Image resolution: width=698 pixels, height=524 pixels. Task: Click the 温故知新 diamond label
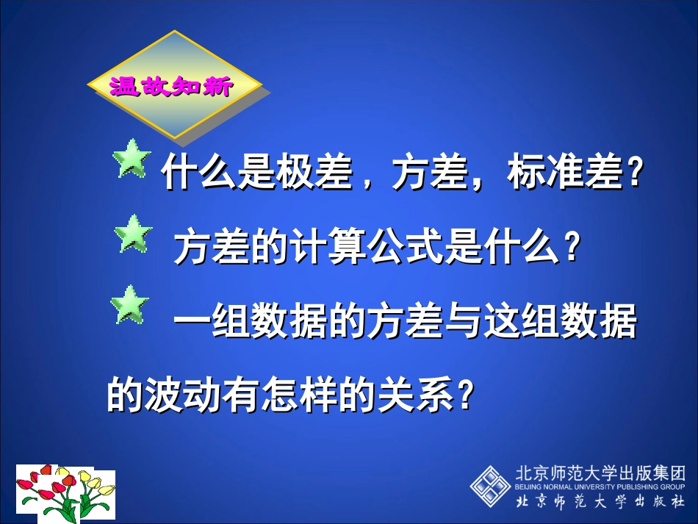coord(173,86)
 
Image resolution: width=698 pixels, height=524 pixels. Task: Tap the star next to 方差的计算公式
coord(133,234)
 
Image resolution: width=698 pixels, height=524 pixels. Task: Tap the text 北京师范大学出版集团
coord(600,473)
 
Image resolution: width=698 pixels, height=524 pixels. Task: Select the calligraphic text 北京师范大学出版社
coord(600,502)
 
